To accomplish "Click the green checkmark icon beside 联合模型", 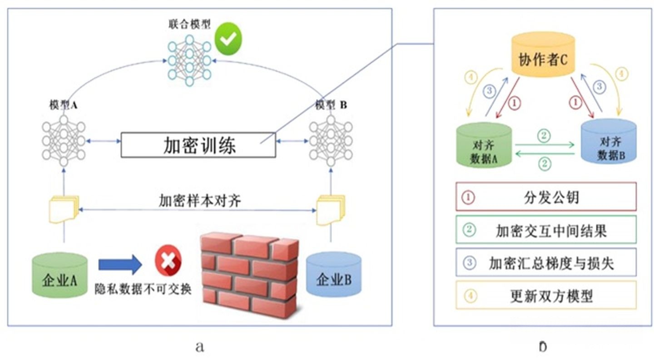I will pos(228,39).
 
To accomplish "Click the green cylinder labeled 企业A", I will pos(59,276).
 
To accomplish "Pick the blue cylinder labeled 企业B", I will pos(334,275).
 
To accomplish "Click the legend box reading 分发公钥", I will pos(545,197).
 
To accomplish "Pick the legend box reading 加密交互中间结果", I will pos(545,230).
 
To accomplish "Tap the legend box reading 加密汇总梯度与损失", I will pos(545,262).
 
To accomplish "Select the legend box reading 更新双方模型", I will pos(545,295).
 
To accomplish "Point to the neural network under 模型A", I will pos(64,141).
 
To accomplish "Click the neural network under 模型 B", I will pos(331,141).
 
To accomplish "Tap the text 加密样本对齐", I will pos(199,200).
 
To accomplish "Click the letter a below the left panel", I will pos(199,347).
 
